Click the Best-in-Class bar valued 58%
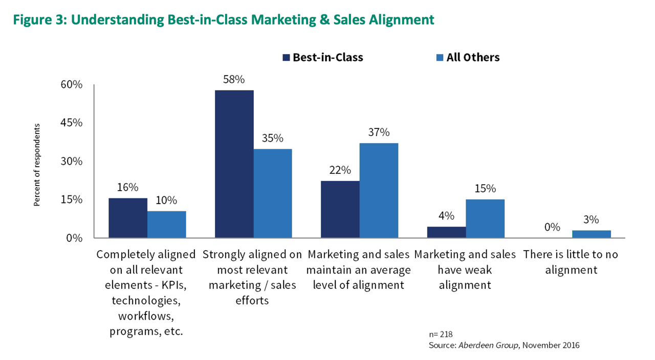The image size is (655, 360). click(x=234, y=164)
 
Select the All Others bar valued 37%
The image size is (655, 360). click(x=379, y=190)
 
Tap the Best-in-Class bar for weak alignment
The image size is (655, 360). click(x=446, y=232)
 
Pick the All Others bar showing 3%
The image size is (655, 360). click(x=591, y=234)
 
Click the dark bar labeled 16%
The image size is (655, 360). click(x=128, y=218)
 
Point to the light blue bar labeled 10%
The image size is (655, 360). click(x=166, y=224)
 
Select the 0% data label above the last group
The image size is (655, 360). click(x=552, y=227)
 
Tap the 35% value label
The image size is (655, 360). click(x=272, y=138)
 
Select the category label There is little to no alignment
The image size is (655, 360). click(x=571, y=262)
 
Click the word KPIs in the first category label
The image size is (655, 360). click(x=170, y=285)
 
